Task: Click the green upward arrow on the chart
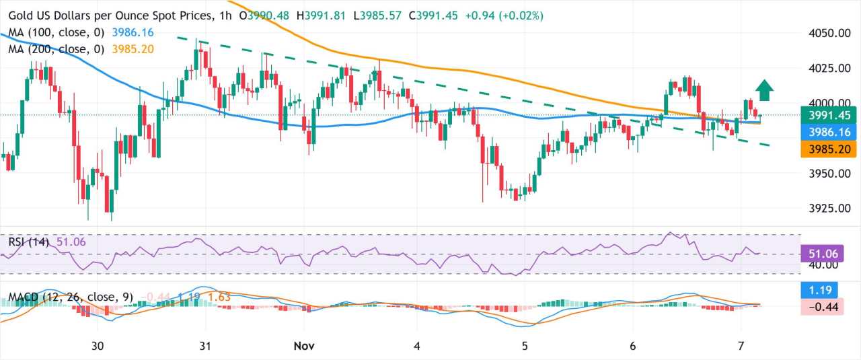[x=763, y=90]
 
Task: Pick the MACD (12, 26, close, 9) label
[x=71, y=297]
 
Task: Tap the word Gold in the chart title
[x=22, y=15]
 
